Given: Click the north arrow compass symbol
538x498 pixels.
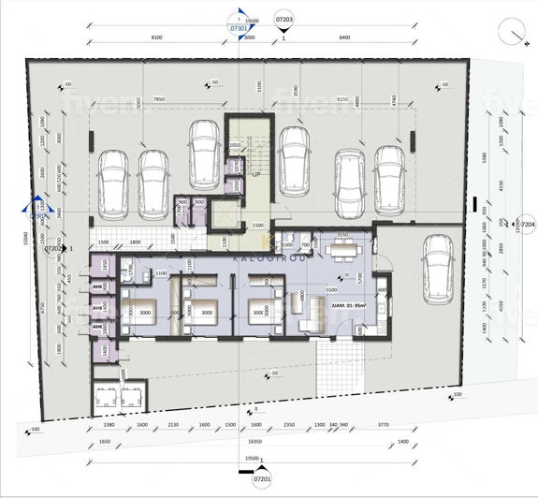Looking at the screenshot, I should (513, 31).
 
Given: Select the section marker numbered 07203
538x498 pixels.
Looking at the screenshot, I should (284, 19).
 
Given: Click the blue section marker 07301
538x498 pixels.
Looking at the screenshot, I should (238, 29).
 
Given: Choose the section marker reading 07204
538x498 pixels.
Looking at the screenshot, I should (526, 226).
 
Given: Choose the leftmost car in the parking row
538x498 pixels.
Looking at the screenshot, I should (112, 180).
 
